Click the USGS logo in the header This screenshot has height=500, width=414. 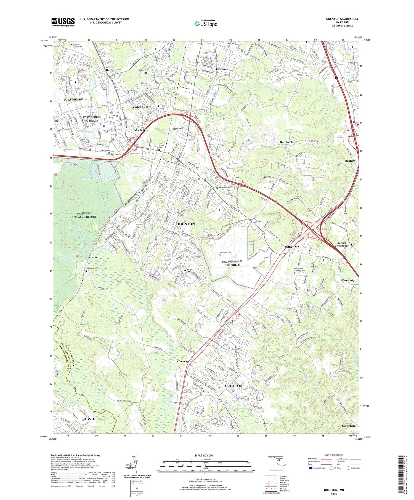click(x=63, y=22)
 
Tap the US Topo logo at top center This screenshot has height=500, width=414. click(x=206, y=24)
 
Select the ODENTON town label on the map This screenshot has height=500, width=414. click(x=185, y=224)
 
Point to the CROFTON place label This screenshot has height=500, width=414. click(x=233, y=386)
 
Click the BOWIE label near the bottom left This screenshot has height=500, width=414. click(x=89, y=419)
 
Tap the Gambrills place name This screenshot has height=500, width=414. click(x=286, y=142)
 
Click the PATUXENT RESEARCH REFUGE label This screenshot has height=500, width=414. click(x=84, y=215)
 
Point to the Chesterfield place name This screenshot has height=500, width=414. click(x=348, y=426)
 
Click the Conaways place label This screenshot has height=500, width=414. click(x=183, y=361)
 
